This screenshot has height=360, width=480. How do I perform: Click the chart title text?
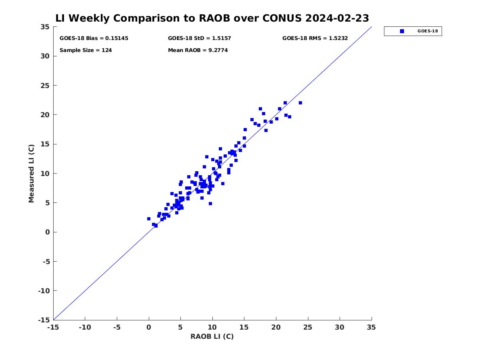(x=212, y=18)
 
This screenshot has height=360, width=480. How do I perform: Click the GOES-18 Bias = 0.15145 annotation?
(x=94, y=38)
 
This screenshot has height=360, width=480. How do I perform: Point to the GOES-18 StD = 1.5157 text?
(x=199, y=38)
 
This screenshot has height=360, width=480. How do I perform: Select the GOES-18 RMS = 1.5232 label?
(x=315, y=38)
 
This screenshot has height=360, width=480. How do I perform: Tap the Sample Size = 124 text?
(x=86, y=50)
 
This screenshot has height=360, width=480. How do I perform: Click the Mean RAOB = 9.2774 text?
(x=198, y=50)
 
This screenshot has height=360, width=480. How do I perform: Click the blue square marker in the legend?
(x=402, y=31)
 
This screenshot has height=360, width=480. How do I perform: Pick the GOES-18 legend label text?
(x=428, y=31)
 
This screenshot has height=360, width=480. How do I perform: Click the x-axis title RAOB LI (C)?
(x=212, y=336)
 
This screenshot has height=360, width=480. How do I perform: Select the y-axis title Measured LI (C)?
(x=31, y=174)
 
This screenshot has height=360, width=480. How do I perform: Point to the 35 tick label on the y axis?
(x=45, y=27)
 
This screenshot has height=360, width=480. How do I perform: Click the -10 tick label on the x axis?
(x=85, y=327)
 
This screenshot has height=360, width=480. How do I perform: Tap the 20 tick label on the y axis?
(x=45, y=115)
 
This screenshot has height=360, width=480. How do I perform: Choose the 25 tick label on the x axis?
(x=308, y=327)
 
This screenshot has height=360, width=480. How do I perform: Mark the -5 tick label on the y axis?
(x=46, y=262)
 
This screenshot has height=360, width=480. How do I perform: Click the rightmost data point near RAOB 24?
(x=300, y=103)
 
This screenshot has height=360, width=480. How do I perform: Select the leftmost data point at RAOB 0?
(x=149, y=219)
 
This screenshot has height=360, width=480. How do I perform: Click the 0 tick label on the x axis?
(x=149, y=327)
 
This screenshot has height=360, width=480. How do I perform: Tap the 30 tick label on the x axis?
(x=340, y=327)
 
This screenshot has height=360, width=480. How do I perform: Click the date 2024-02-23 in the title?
(x=337, y=18)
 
